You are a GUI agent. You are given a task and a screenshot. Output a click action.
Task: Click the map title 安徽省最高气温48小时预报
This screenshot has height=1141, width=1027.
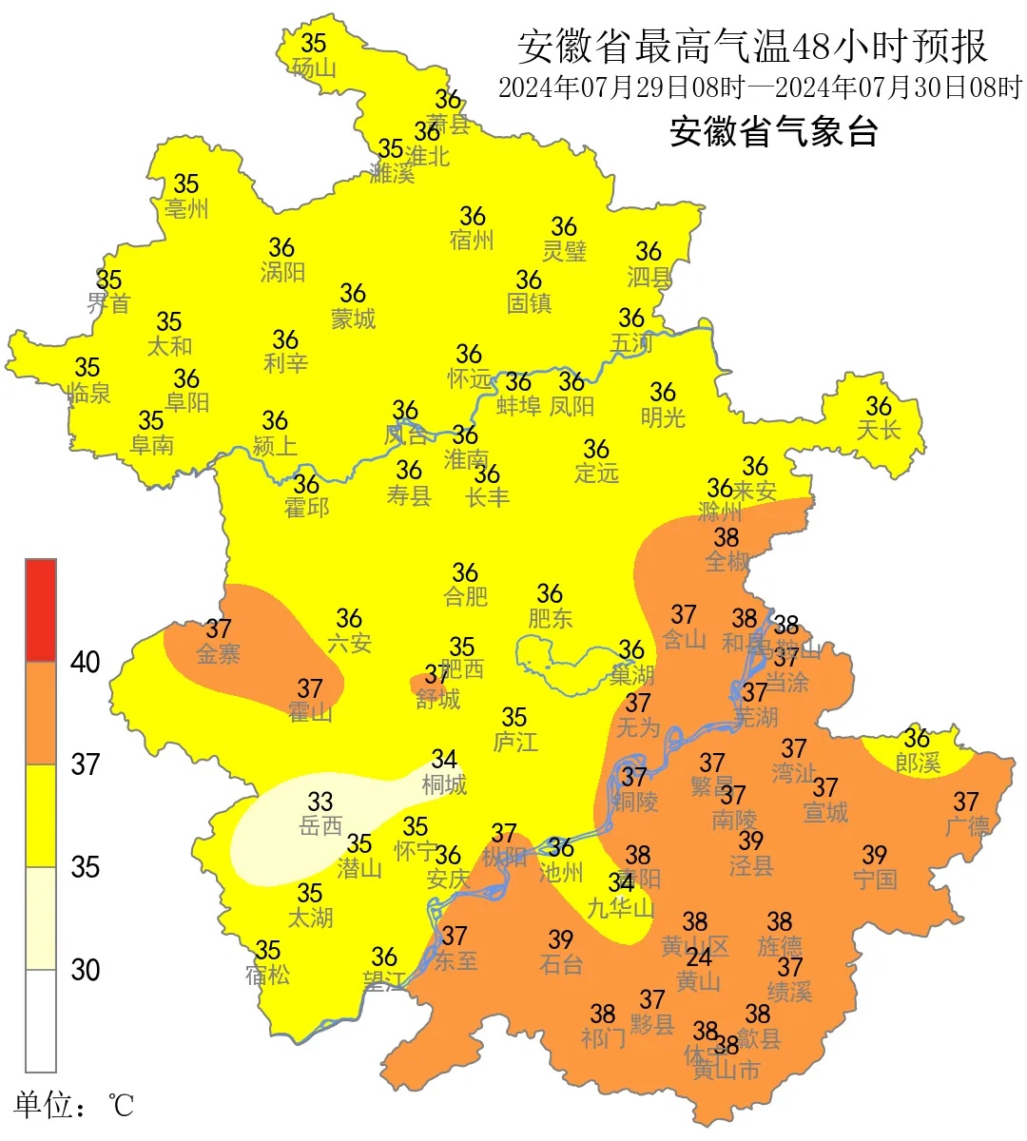pyautogui.click(x=752, y=46)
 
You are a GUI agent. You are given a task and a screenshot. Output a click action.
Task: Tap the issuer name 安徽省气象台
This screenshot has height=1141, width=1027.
pyautogui.click(x=773, y=131)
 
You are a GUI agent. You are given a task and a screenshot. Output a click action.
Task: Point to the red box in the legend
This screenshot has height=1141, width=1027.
pyautogui.click(x=41, y=609)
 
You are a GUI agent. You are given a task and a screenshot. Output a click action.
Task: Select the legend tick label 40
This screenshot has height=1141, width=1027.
pyautogui.click(x=85, y=662)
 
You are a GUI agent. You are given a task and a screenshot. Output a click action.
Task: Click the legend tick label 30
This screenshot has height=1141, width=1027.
pyautogui.click(x=85, y=970)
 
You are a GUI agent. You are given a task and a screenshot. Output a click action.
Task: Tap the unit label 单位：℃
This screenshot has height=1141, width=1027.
pyautogui.click(x=73, y=1105)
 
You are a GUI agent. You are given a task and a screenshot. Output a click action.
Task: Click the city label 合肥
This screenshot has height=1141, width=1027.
pyautogui.click(x=466, y=596)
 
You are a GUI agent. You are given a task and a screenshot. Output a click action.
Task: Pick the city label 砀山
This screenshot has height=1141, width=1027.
pyautogui.click(x=314, y=68)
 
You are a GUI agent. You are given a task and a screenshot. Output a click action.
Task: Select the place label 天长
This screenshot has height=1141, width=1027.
pyautogui.click(x=879, y=430)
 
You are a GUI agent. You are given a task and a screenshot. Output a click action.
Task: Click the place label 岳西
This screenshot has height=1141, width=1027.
pyautogui.click(x=320, y=825)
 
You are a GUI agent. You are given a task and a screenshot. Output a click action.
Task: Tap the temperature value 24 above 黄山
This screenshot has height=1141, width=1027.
pyautogui.click(x=699, y=957)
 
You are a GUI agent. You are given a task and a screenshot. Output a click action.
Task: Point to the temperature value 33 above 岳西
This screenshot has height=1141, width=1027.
pyautogui.click(x=320, y=802)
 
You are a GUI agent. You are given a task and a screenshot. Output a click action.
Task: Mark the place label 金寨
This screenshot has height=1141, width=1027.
pyautogui.click(x=219, y=653)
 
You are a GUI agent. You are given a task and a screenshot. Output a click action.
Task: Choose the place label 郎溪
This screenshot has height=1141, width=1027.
pyautogui.click(x=918, y=762)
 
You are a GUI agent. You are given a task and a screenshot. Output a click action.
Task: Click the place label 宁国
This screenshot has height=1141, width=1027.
pyautogui.click(x=875, y=879)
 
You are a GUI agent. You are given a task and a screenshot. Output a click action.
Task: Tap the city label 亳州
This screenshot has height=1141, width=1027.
pyautogui.click(x=186, y=208)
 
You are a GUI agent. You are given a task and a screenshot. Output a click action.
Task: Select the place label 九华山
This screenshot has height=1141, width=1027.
pyautogui.click(x=621, y=908)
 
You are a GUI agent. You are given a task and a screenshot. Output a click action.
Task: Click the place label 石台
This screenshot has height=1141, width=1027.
pyautogui.click(x=561, y=964)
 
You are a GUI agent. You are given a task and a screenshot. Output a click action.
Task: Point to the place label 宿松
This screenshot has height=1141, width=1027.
pyautogui.click(x=267, y=975)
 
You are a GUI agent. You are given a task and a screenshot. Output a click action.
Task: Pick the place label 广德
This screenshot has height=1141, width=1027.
pyautogui.click(x=967, y=826)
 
